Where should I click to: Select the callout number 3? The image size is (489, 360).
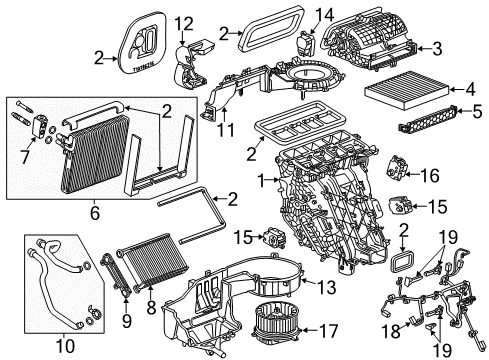pos(467,47)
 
